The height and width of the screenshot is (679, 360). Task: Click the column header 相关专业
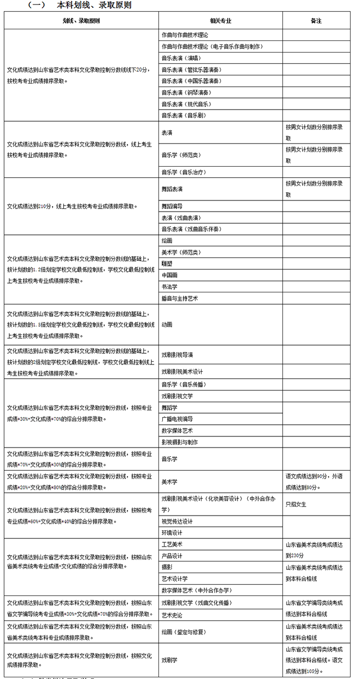pyautogui.click(x=220, y=20)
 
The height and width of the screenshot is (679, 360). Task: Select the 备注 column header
pyautogui.click(x=316, y=20)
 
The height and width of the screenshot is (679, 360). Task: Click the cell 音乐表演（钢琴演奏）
pyautogui.click(x=186, y=92)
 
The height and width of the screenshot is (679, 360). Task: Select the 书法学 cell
pyautogui.click(x=169, y=287)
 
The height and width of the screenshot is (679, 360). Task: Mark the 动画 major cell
pyautogui.click(x=167, y=325)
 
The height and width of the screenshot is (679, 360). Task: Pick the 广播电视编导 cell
pyautogui.click(x=177, y=419)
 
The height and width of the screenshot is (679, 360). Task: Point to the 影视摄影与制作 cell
pyautogui.click(x=179, y=443)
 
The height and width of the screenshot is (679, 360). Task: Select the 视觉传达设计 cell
pyautogui.click(x=177, y=521)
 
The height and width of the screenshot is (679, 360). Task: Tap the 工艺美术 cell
pyautogui.click(x=172, y=544)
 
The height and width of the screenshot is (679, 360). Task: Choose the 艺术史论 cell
pyautogui.click(x=172, y=615)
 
